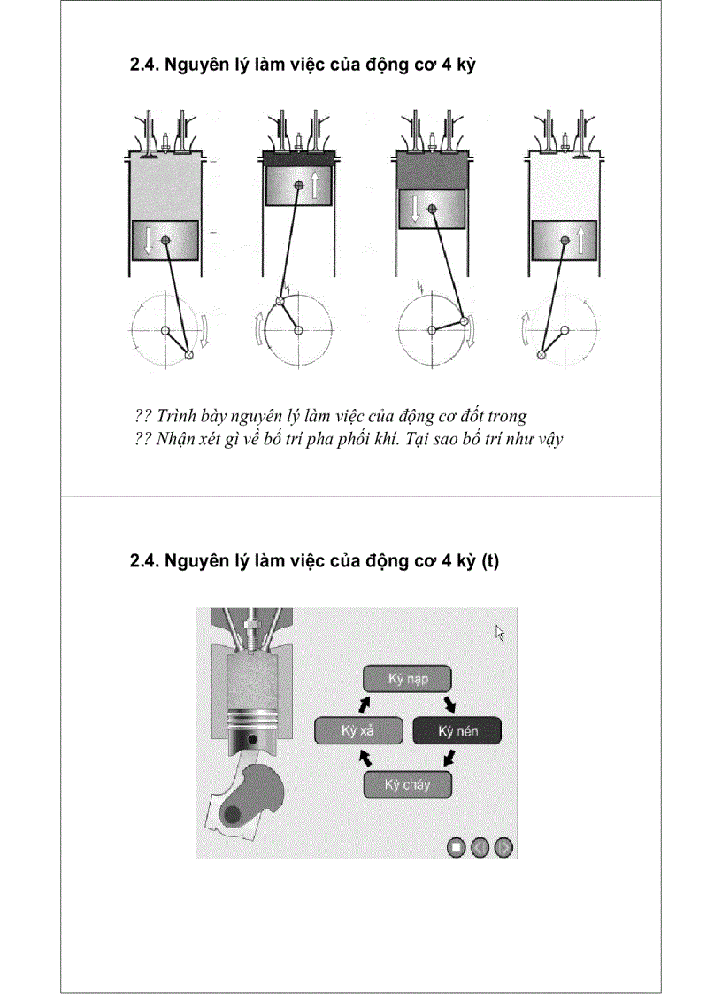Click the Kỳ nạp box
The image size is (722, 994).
tap(408, 679)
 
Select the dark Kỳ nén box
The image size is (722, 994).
tap(457, 731)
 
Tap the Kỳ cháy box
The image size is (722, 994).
tap(408, 784)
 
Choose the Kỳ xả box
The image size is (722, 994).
tap(357, 731)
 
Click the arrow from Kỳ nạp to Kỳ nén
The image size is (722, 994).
tap(450, 704)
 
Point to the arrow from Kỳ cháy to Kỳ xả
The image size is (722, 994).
tap(364, 759)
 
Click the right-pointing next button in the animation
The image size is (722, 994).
tap(503, 847)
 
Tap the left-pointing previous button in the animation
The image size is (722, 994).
tap(480, 847)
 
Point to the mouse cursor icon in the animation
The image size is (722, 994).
tap(500, 632)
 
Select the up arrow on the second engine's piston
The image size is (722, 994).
tap(316, 185)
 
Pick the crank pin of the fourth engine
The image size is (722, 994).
tap(541, 354)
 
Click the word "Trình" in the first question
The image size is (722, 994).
tap(176, 416)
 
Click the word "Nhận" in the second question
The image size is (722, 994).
tap(173, 438)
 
